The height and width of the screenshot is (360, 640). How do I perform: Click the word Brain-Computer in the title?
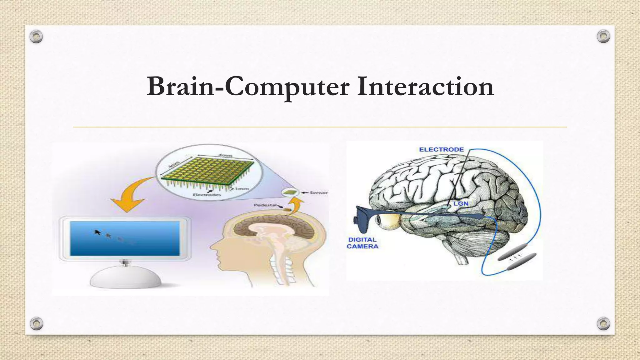pyautogui.click(x=247, y=87)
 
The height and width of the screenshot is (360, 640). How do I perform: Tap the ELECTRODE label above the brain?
pyautogui.click(x=441, y=150)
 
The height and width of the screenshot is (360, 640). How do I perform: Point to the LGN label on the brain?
pyautogui.click(x=461, y=204)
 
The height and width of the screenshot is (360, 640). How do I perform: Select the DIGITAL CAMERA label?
pyautogui.click(x=362, y=243)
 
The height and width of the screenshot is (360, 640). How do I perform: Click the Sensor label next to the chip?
pyautogui.click(x=318, y=192)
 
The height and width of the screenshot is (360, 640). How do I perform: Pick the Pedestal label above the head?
pyautogui.click(x=265, y=205)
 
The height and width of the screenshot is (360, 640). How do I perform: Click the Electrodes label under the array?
pyautogui.click(x=207, y=195)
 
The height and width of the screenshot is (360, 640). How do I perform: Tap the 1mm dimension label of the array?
pyautogui.click(x=242, y=189)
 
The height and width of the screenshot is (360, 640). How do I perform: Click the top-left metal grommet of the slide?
pyautogui.click(x=36, y=37)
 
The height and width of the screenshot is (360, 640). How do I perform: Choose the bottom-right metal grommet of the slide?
pyautogui.click(x=603, y=323)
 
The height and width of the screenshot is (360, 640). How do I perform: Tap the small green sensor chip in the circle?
pyautogui.click(x=290, y=192)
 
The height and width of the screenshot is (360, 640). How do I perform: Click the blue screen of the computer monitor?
pyautogui.click(x=125, y=238)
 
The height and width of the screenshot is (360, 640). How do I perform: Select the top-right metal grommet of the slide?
pyautogui.click(x=603, y=37)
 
